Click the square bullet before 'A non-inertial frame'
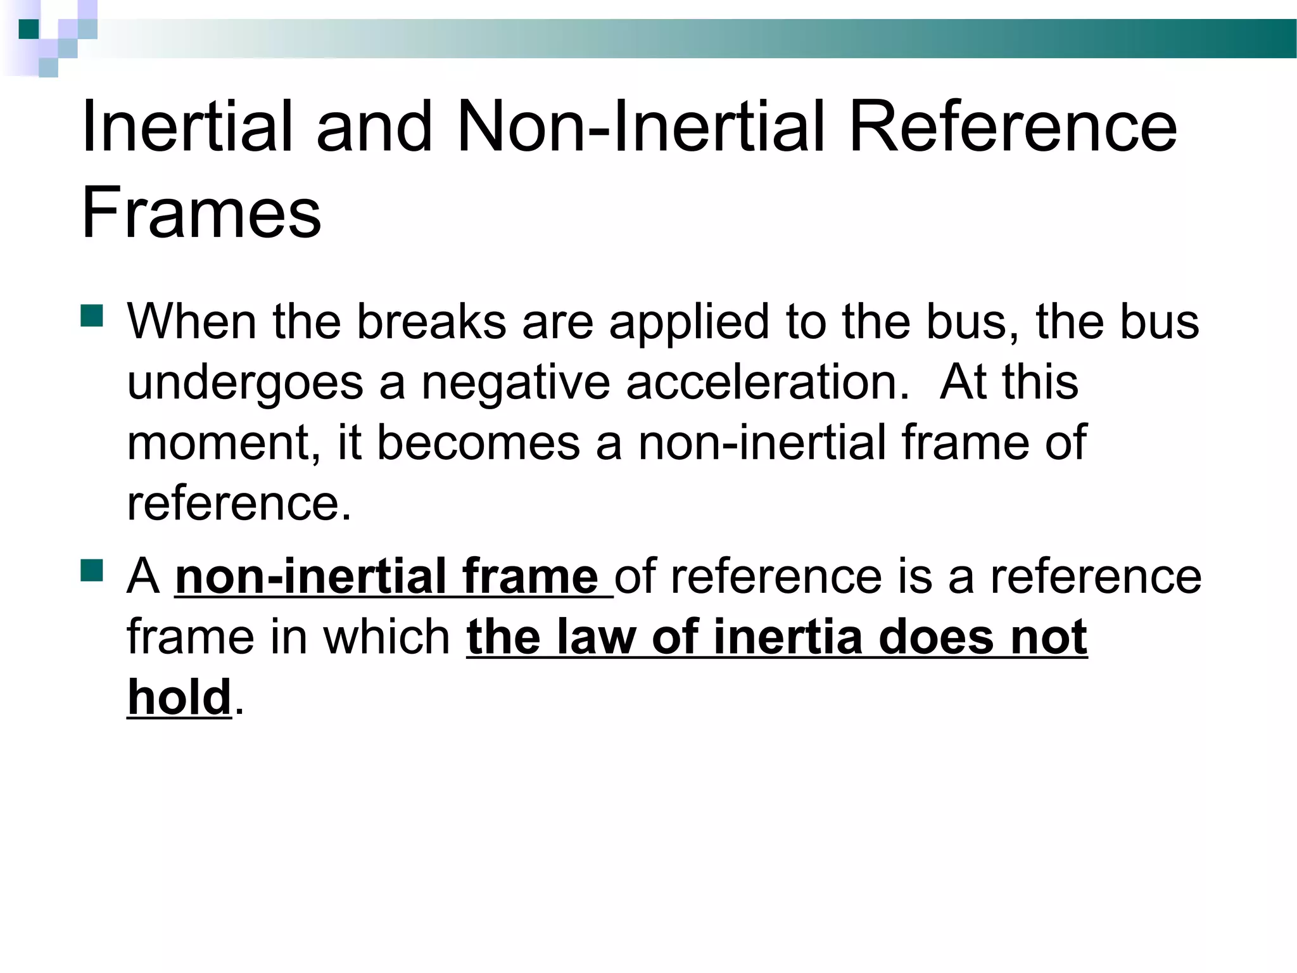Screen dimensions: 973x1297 (92, 570)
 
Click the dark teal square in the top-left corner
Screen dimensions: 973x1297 (29, 29)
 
